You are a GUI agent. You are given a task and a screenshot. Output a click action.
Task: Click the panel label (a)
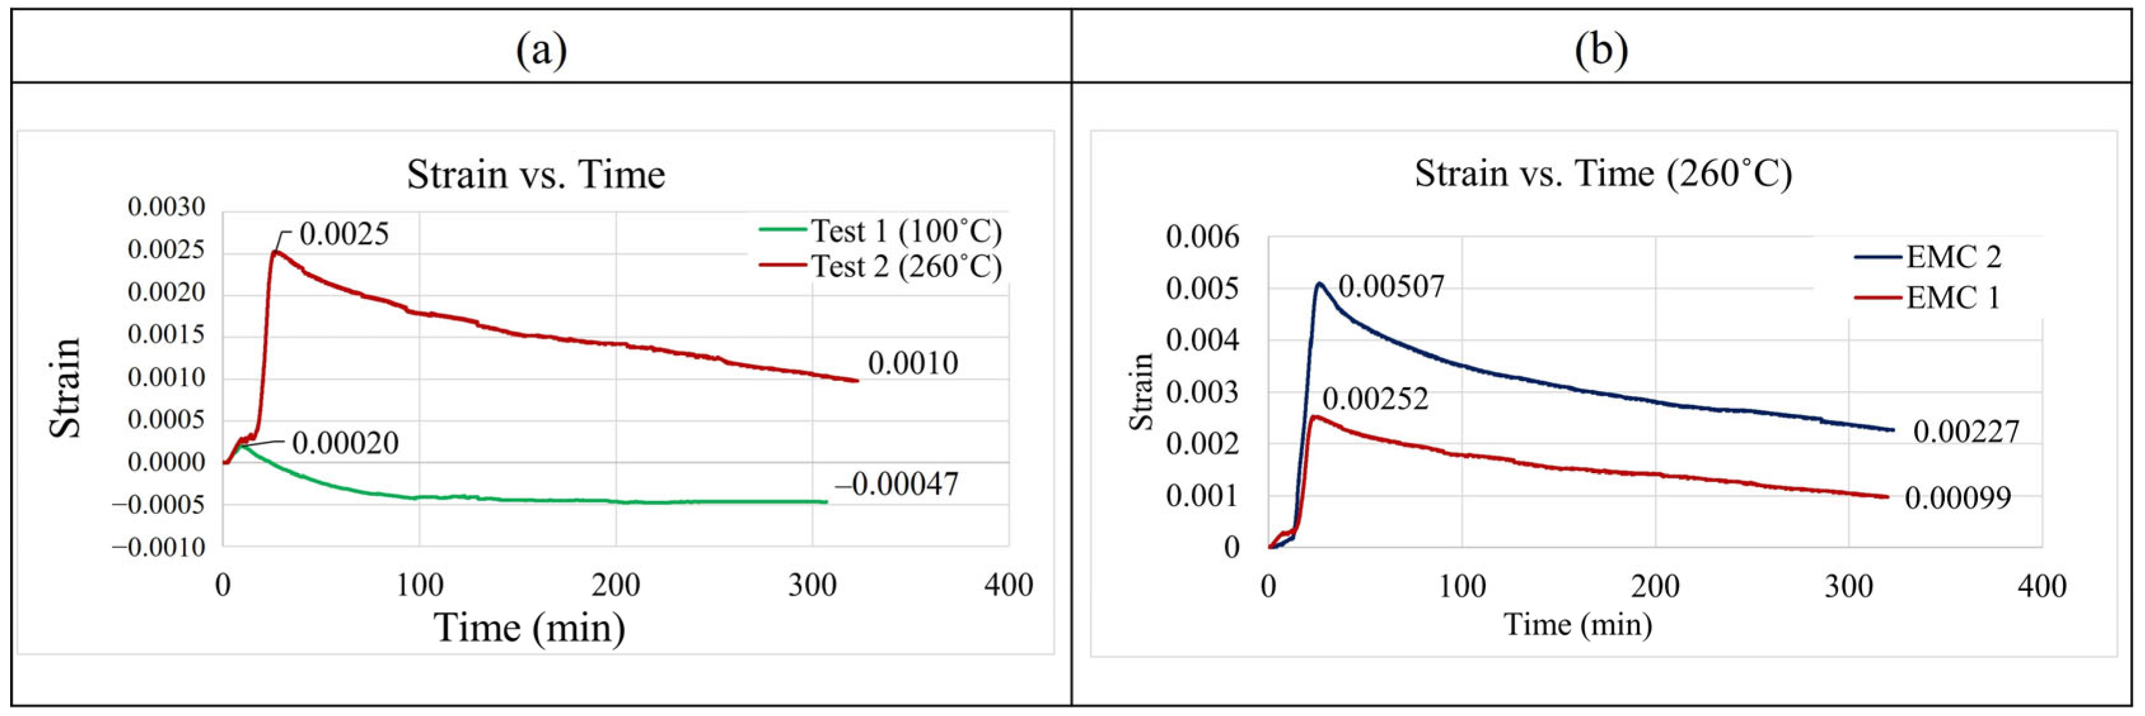[541, 51]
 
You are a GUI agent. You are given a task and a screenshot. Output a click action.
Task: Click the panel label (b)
[1600, 51]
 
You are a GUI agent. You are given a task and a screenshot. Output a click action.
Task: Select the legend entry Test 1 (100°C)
[906, 231]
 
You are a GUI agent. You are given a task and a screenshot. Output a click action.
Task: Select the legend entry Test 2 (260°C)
[906, 266]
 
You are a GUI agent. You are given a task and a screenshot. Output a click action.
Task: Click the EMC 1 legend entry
[1952, 297]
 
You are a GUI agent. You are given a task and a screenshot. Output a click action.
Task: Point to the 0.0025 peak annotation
[343, 234]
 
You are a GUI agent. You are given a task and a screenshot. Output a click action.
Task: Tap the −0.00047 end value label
[897, 484]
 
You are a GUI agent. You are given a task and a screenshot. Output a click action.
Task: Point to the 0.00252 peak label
[1374, 399]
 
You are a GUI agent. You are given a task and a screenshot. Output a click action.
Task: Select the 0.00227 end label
[1966, 431]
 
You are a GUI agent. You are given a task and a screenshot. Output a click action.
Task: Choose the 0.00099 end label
[1957, 498]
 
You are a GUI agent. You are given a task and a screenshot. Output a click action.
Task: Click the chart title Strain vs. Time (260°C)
[1603, 173]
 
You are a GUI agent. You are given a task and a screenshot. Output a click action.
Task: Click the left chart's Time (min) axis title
[530, 627]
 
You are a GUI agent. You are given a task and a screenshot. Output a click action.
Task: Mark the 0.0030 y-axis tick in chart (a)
[166, 207]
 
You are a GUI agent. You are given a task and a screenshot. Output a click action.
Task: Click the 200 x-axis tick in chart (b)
[1655, 587]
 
